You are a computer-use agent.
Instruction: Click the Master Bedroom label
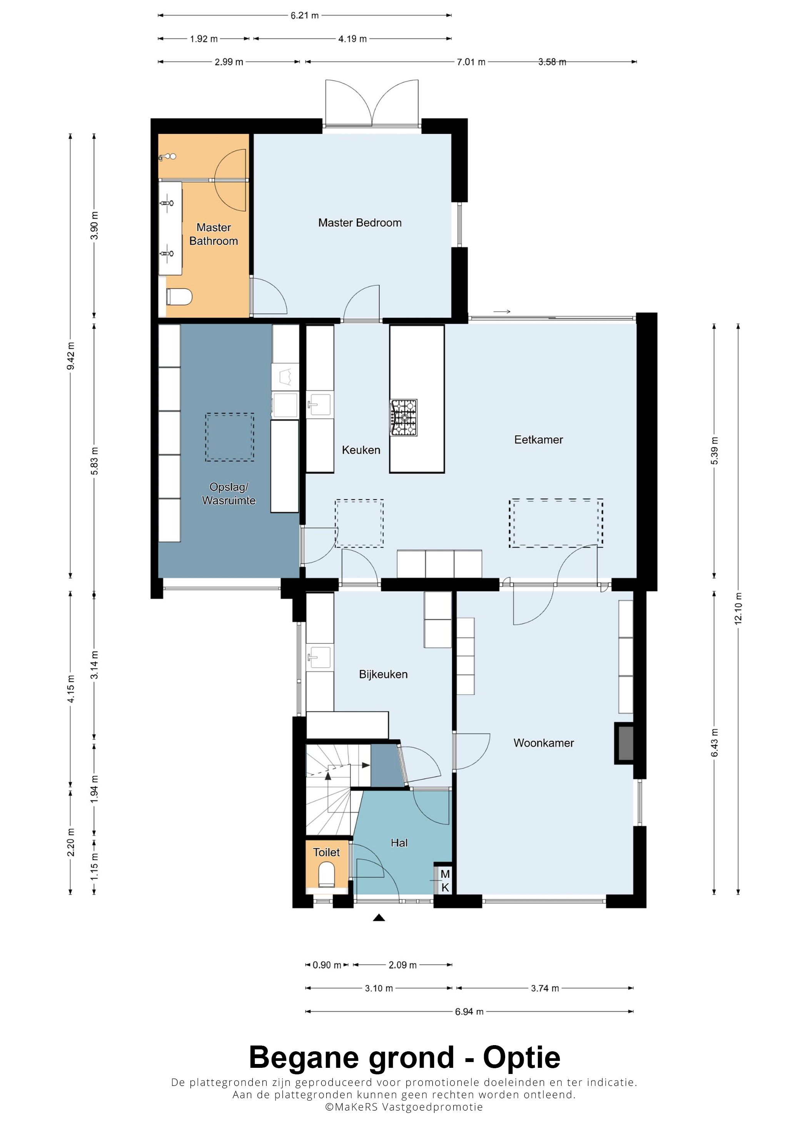tap(359, 223)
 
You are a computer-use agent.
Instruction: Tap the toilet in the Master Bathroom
tap(179, 297)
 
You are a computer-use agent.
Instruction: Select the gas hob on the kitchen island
tap(404, 418)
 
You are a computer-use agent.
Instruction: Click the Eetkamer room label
tap(538, 440)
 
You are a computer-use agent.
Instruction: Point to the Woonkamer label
tap(544, 743)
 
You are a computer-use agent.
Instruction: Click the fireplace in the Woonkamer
tap(624, 743)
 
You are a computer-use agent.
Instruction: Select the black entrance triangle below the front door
tap(379, 918)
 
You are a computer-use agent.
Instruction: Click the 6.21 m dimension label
tap(305, 15)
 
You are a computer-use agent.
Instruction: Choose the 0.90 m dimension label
tap(327, 965)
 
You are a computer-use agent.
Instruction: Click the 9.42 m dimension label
tap(71, 356)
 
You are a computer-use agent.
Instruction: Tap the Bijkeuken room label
tap(383, 675)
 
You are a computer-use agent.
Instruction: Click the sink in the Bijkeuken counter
tap(319, 657)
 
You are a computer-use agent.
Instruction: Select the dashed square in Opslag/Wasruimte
tap(229, 437)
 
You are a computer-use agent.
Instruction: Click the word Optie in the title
tap(521, 1059)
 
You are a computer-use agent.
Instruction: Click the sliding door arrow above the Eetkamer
tap(502, 312)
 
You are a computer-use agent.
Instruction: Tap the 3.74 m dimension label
tap(545, 988)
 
